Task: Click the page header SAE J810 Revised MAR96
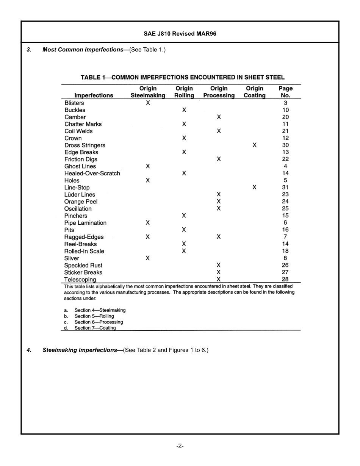coord(180,34)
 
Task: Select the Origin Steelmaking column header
coord(148,92)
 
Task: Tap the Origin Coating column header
coord(254,92)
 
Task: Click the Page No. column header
coord(285,92)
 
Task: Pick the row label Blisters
coord(74,103)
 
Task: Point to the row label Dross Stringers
coord(85,145)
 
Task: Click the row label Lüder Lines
coord(80,195)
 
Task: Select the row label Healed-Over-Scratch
coord(92,174)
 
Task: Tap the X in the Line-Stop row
coord(254,188)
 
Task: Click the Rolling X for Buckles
coord(184,110)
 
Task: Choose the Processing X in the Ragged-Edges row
coord(219,237)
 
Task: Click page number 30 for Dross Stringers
coord(285,145)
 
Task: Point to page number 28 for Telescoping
coord(285,279)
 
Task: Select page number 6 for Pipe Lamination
coord(285,223)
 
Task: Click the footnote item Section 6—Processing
coord(99,322)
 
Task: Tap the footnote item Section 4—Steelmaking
coord(100,310)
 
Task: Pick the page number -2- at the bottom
coord(180,446)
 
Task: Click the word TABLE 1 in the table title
coord(93,77)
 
